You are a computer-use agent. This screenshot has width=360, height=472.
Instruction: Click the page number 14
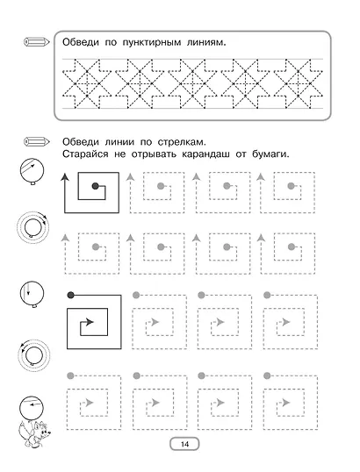[184, 444]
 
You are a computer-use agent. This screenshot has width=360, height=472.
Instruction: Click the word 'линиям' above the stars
[205, 43]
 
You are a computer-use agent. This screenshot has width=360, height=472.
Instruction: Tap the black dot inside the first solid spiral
[95, 186]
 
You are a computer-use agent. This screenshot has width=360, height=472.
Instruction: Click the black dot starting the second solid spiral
[70, 295]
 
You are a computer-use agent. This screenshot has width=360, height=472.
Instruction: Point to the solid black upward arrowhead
[67, 176]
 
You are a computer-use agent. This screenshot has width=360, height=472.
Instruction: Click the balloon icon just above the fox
[31, 407]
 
